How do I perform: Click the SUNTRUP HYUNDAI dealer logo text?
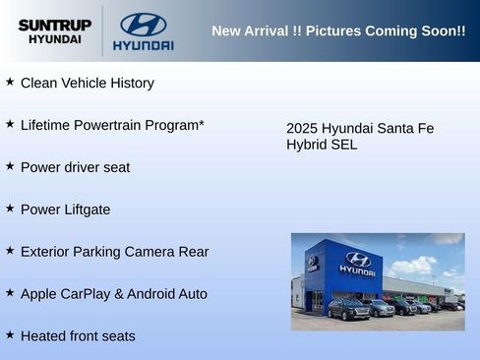(55, 31)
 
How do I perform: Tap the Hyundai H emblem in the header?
(144, 25)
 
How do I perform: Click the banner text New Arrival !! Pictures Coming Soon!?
(338, 30)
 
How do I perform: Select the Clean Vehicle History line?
(87, 84)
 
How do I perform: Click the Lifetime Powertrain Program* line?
(112, 126)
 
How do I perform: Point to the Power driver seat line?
(75, 167)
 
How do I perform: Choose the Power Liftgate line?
(65, 210)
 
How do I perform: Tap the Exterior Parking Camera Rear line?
(114, 252)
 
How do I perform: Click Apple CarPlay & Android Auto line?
(113, 294)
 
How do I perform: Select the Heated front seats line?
(78, 336)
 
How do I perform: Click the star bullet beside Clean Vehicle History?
(10, 83)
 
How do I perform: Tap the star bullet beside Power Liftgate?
(10, 209)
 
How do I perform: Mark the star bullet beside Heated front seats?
(10, 334)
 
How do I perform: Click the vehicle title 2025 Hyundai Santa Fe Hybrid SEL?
(359, 137)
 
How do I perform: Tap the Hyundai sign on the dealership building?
(357, 264)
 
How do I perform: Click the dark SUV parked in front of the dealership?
(348, 309)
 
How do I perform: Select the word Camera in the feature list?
(150, 252)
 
